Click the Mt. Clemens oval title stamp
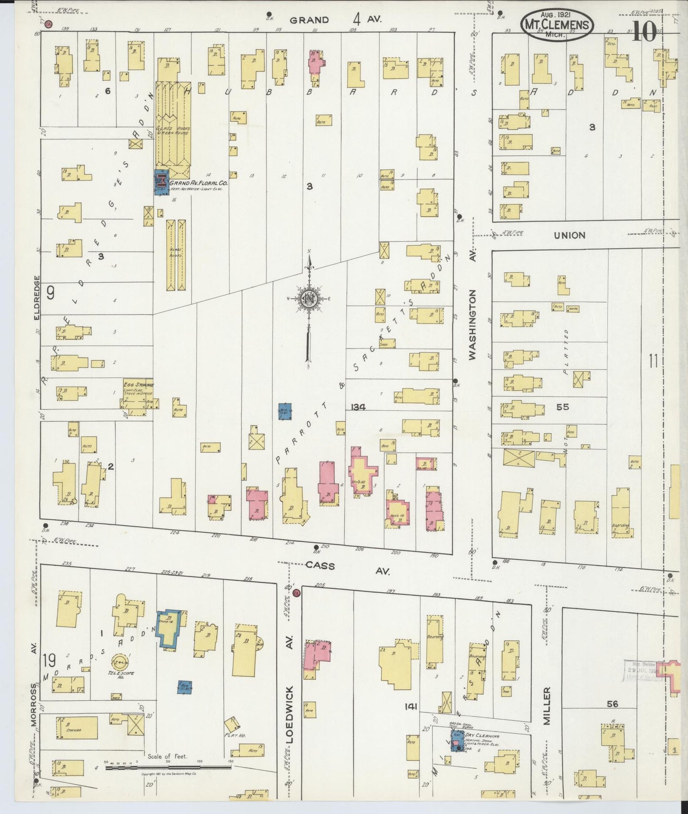pos(557,25)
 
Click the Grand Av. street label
pos(336,20)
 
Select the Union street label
pos(570,235)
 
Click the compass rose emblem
pos(308,299)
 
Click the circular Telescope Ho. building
pos(119,662)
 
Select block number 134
pos(358,407)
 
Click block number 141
pos(410,707)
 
